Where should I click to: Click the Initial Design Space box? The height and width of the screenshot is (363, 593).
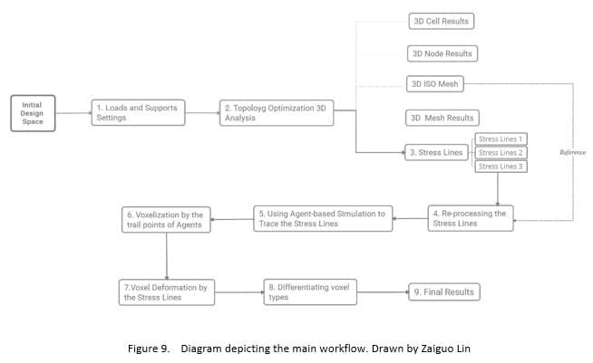coord(33,112)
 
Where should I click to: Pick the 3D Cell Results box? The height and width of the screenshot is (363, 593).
coord(441,20)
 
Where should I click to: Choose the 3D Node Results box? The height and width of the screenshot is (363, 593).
coord(441,53)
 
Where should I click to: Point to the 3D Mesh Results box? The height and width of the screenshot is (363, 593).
coord(441,118)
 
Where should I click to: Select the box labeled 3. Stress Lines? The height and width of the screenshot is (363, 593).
coord(436,152)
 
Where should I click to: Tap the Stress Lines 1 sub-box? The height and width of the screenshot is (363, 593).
coord(501,139)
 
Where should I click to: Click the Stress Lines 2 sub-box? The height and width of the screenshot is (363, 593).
coord(501,152)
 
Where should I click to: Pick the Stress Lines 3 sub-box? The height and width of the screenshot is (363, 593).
coord(501,166)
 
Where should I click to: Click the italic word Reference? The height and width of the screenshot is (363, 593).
coord(571,153)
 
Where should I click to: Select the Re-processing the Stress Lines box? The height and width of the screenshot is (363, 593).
coord(471,218)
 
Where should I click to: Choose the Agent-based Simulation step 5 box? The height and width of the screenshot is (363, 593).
coord(322,218)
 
